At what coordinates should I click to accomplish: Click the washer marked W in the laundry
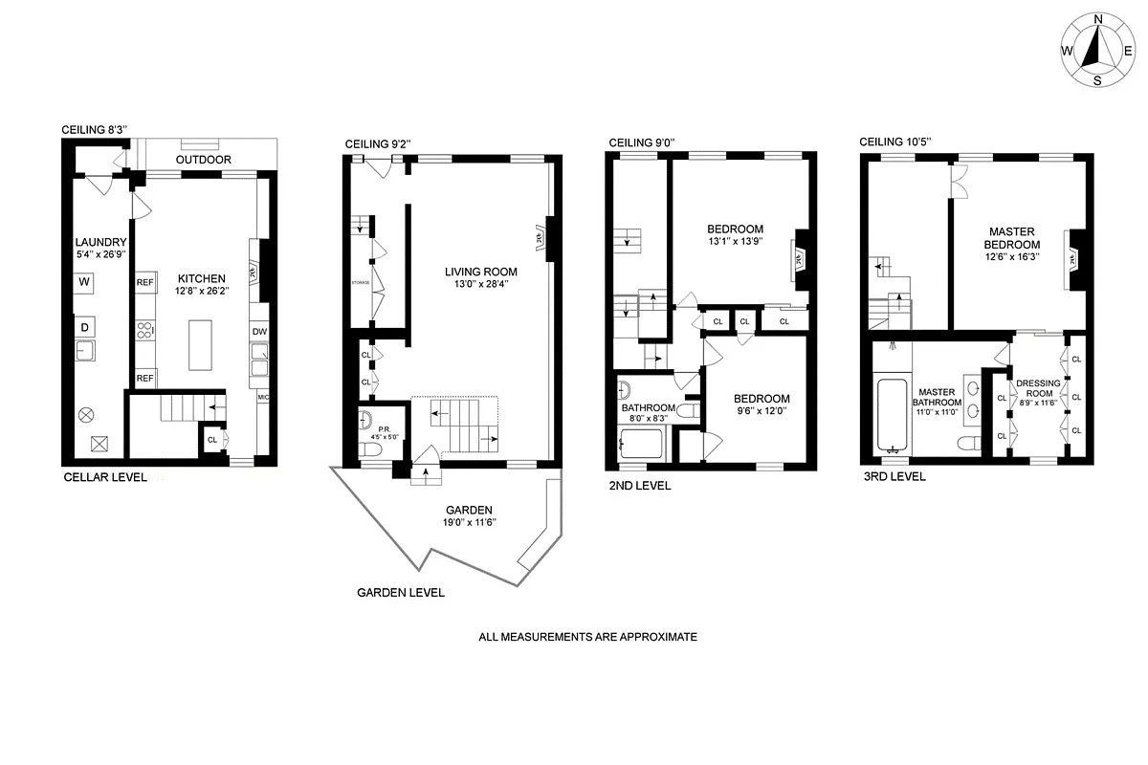(84, 282)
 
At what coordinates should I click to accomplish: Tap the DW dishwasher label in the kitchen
(259, 332)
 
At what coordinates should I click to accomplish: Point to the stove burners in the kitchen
(145, 332)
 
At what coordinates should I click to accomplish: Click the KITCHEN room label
(200, 278)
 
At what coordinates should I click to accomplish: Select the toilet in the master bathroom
(968, 441)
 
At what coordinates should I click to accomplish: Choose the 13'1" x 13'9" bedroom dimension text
(735, 243)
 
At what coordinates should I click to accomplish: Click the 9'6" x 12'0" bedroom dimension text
(762, 413)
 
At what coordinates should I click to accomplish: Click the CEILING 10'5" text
(895, 142)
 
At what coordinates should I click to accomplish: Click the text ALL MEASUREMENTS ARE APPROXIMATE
(588, 637)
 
